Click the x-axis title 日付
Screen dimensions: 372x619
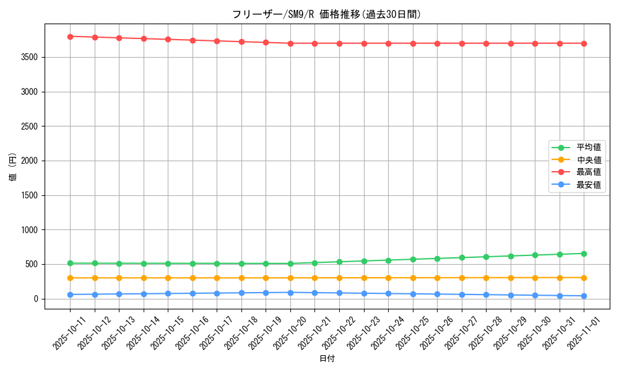pos(327,359)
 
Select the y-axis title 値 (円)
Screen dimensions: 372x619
pos(12,167)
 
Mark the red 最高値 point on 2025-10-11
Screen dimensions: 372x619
pos(70,37)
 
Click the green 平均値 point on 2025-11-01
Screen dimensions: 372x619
pos(584,254)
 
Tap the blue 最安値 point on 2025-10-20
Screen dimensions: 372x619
pos(290,293)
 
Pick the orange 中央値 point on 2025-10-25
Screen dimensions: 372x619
pos(413,278)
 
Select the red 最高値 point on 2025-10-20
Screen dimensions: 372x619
pos(290,43)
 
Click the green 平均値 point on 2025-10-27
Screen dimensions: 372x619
pos(462,257)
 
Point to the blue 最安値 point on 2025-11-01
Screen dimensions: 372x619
pos(584,296)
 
